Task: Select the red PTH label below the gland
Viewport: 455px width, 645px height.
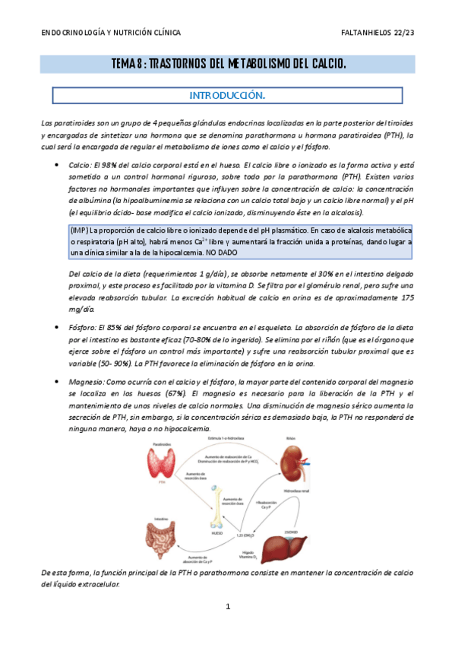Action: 161,482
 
